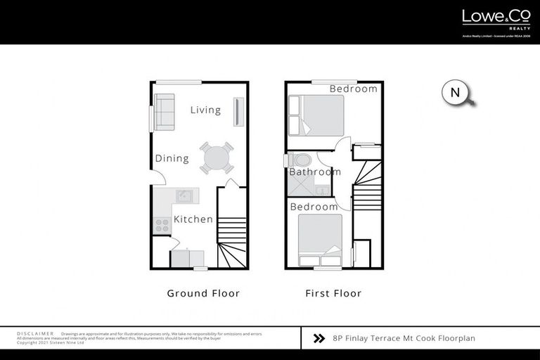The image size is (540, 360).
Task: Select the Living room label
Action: coord(205,110)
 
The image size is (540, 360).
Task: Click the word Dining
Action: coord(172,158)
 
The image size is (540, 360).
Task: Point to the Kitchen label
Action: coord(193,219)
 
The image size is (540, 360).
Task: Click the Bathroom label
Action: coord(314,172)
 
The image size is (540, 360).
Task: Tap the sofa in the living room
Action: coord(165,111)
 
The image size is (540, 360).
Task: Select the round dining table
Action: coord(216,157)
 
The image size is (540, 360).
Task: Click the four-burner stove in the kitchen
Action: coord(162,225)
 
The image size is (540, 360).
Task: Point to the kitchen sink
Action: coord(184,195)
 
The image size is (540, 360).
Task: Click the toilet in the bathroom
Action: coord(302,160)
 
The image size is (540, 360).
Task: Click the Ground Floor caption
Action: coord(203,293)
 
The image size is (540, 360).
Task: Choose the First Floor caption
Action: coord(333,293)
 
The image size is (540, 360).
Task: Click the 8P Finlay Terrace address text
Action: coord(404,338)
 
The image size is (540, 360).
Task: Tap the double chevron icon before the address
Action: coord(319,338)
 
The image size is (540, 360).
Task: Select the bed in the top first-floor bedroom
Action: coord(316,115)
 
